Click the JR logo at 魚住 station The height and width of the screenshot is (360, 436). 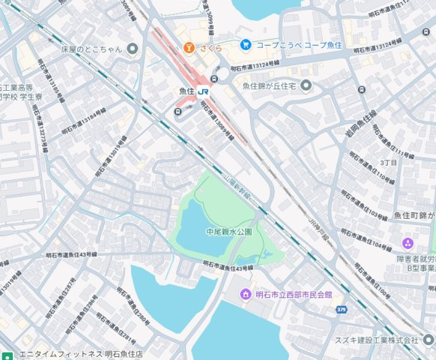click(204, 91)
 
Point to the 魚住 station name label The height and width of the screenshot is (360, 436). click(187, 91)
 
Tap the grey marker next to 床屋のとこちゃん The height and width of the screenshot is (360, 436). click(133, 49)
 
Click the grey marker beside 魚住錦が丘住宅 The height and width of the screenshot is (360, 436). click(306, 85)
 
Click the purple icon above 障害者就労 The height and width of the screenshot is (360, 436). click(408, 243)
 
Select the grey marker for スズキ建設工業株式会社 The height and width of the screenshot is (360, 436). click(428, 340)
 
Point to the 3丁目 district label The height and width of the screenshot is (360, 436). click(389, 162)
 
